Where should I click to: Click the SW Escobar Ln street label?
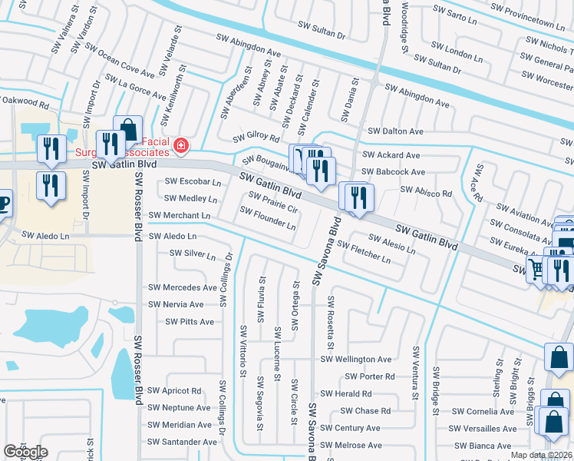[x=193, y=182]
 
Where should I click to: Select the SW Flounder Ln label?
[x=268, y=218]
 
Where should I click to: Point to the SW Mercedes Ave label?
[x=183, y=287]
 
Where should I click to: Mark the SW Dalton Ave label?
[x=395, y=131]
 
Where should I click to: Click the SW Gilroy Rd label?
[x=256, y=136]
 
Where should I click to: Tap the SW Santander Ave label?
[x=183, y=442]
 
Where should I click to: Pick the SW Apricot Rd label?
[x=176, y=391]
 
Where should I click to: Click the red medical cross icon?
[x=180, y=144]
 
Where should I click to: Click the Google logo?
[x=25, y=452]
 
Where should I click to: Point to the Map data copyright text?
[x=541, y=455]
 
